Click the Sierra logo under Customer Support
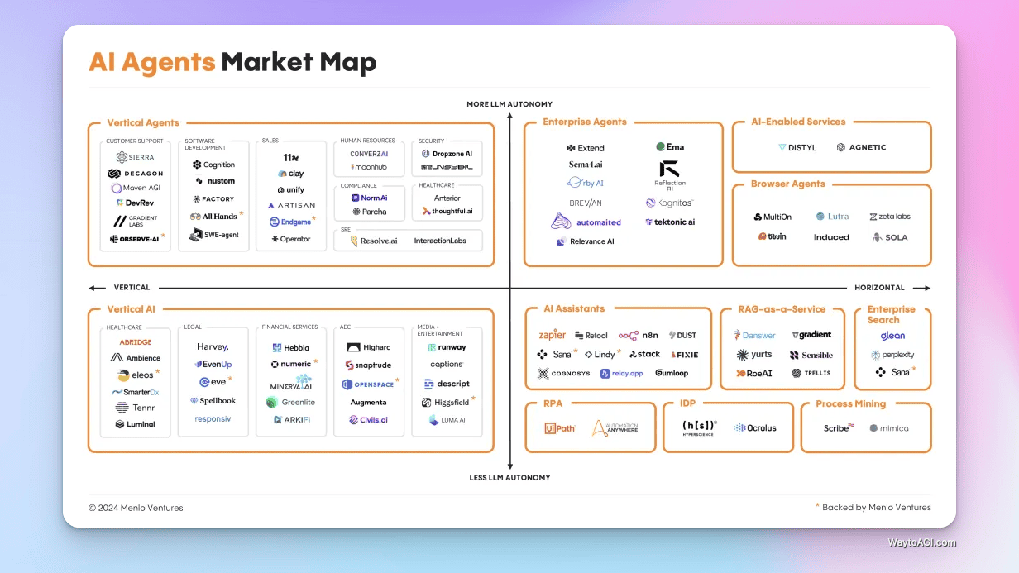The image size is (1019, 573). [x=135, y=157]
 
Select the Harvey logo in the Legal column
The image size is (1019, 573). [x=213, y=347]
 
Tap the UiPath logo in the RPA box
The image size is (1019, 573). [x=560, y=428]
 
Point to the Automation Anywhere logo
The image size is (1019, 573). [x=615, y=428]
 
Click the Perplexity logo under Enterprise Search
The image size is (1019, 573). [x=892, y=355]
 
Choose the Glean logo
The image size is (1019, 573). [x=892, y=337]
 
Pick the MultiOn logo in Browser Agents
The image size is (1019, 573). [x=773, y=217]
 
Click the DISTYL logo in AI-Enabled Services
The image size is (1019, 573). [x=797, y=147]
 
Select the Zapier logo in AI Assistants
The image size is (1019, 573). [x=552, y=335]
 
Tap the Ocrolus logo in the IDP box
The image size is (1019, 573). [x=755, y=428]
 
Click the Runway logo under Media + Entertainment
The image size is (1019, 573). [x=447, y=348]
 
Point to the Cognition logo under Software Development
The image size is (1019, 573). [x=214, y=165]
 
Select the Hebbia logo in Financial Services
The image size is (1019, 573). [x=291, y=348]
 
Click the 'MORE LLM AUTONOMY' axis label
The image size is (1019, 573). [x=509, y=104]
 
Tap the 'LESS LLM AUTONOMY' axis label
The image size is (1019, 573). [x=509, y=478]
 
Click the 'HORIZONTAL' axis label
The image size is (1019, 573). [x=879, y=288]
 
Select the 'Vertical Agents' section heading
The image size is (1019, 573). [x=143, y=123]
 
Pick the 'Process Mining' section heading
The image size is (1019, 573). [x=850, y=404]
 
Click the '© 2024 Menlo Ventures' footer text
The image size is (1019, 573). [x=136, y=508]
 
